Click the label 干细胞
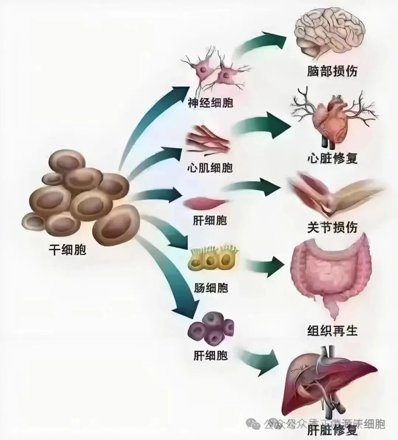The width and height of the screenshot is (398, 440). pyautogui.click(x=67, y=250)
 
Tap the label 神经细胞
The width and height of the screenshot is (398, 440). pyautogui.click(x=210, y=102)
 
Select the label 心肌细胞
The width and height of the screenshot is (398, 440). pyautogui.click(x=210, y=168)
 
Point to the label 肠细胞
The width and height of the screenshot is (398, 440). pyautogui.click(x=211, y=287)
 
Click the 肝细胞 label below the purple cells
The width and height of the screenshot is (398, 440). pyautogui.click(x=210, y=356)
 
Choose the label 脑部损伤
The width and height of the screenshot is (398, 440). pyautogui.click(x=332, y=71)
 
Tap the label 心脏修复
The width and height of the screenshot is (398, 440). pyautogui.click(x=332, y=158)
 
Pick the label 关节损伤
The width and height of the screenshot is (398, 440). pyautogui.click(x=332, y=227)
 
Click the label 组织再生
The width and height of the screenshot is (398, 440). pyautogui.click(x=332, y=330)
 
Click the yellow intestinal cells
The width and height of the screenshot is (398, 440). pyautogui.click(x=214, y=260)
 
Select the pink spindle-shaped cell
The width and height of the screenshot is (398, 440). pyautogui.click(x=205, y=203)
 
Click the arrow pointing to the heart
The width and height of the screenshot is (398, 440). pyautogui.click(x=263, y=127)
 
